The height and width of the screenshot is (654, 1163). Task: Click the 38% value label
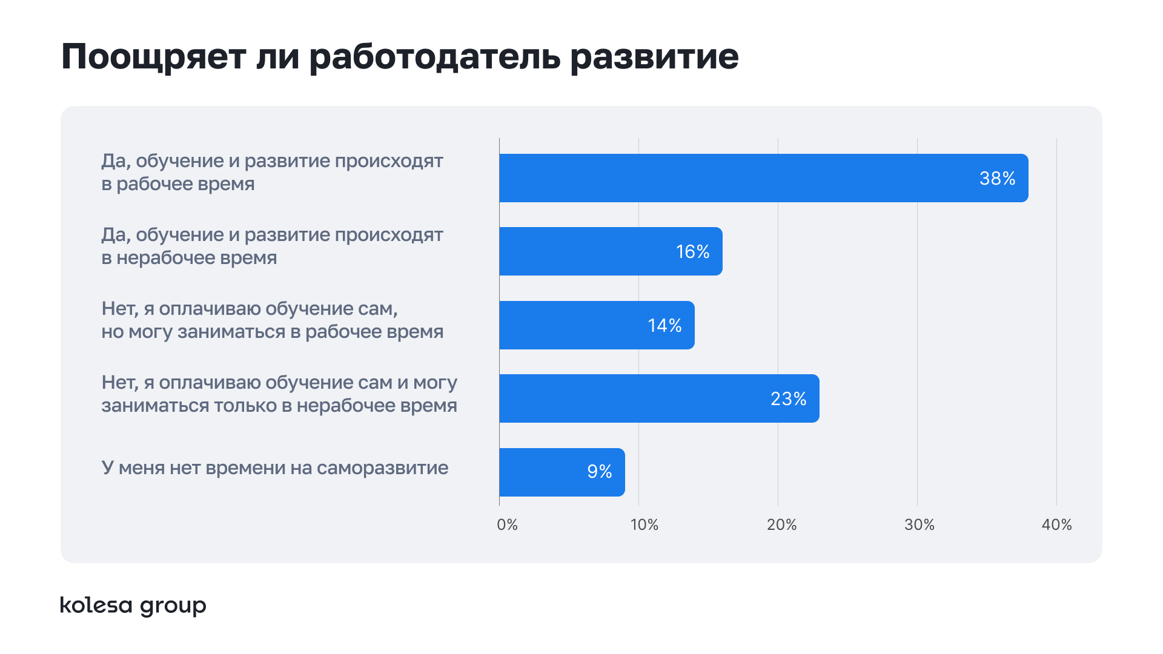997,178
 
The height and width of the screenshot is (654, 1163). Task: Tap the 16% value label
692,251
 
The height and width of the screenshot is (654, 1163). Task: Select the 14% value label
664,325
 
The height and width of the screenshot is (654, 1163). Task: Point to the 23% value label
788,398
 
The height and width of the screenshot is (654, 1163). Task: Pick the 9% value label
599,472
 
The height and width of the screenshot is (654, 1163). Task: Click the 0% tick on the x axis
507,524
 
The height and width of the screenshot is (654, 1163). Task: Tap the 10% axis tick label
644,524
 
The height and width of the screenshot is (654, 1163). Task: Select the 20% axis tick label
781,524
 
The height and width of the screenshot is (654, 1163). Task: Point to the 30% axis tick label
919,524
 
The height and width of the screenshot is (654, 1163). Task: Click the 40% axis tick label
1056,524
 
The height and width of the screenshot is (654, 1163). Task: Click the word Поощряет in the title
154,58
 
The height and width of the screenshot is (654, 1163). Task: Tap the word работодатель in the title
434,58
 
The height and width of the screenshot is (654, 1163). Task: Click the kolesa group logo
133,605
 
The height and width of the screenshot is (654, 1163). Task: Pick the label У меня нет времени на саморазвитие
274,468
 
